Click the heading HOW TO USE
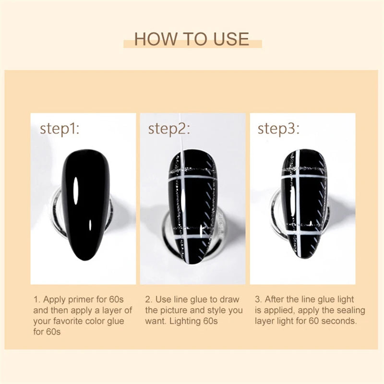[x=192, y=39]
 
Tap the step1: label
[x=60, y=129]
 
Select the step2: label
[x=169, y=129]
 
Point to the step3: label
[x=278, y=129]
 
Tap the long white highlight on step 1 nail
[x=76, y=191]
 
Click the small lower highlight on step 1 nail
[x=90, y=225]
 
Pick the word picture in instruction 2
[x=174, y=311]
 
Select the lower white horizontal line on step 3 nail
[x=302, y=232]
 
